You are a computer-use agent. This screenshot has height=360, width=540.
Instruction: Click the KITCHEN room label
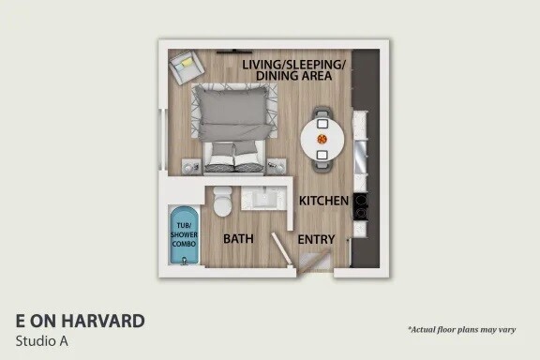pyautogui.click(x=323, y=201)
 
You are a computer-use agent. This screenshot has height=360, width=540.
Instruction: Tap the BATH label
pyautogui.click(x=238, y=239)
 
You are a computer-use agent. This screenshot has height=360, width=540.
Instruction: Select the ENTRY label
pyautogui.click(x=316, y=239)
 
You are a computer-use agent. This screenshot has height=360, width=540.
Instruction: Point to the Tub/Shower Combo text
pyautogui.click(x=185, y=234)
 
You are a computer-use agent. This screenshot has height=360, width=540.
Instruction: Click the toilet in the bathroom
pyautogui.click(x=222, y=202)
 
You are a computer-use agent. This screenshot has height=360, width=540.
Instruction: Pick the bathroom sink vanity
pyautogui.click(x=263, y=198)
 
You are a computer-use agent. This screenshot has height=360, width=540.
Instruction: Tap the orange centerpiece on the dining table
pyautogui.click(x=322, y=139)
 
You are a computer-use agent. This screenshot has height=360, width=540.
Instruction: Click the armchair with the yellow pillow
pyautogui.click(x=187, y=67)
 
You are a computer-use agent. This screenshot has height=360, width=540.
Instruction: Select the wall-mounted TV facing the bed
pyautogui.click(x=234, y=52)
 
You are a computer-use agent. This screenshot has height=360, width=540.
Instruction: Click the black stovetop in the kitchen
pyautogui.click(x=361, y=206)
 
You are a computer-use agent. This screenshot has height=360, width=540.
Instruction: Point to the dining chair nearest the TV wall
pyautogui.click(x=322, y=116)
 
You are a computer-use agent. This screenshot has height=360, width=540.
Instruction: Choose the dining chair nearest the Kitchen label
pyautogui.click(x=322, y=161)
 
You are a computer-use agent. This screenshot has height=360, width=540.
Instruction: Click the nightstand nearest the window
pyautogui.click(x=191, y=167)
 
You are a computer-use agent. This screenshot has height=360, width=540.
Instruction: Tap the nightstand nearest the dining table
pyautogui.click(x=277, y=167)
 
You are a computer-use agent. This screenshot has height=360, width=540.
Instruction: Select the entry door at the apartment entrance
pyautogui.click(x=314, y=262)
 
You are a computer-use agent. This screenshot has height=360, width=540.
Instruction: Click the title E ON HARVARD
pyautogui.click(x=81, y=321)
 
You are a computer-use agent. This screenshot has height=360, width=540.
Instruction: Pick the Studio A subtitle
pyautogui.click(x=41, y=341)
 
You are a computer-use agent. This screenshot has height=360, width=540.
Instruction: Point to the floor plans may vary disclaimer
pyautogui.click(x=461, y=330)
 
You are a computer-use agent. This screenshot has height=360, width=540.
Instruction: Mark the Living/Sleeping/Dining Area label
pyautogui.click(x=293, y=70)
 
